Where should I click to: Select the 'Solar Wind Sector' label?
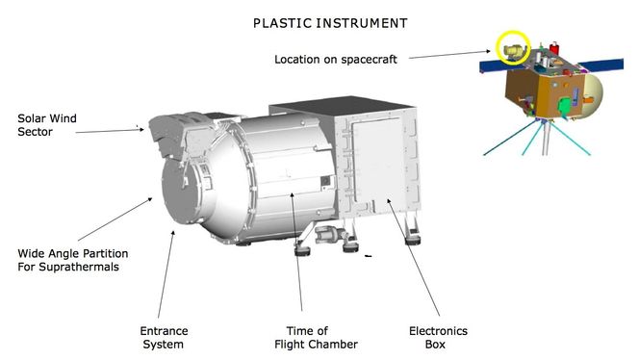(x=47, y=126)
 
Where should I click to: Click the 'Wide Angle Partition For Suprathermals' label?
(x=73, y=260)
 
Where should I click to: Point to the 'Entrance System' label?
(x=165, y=337)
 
